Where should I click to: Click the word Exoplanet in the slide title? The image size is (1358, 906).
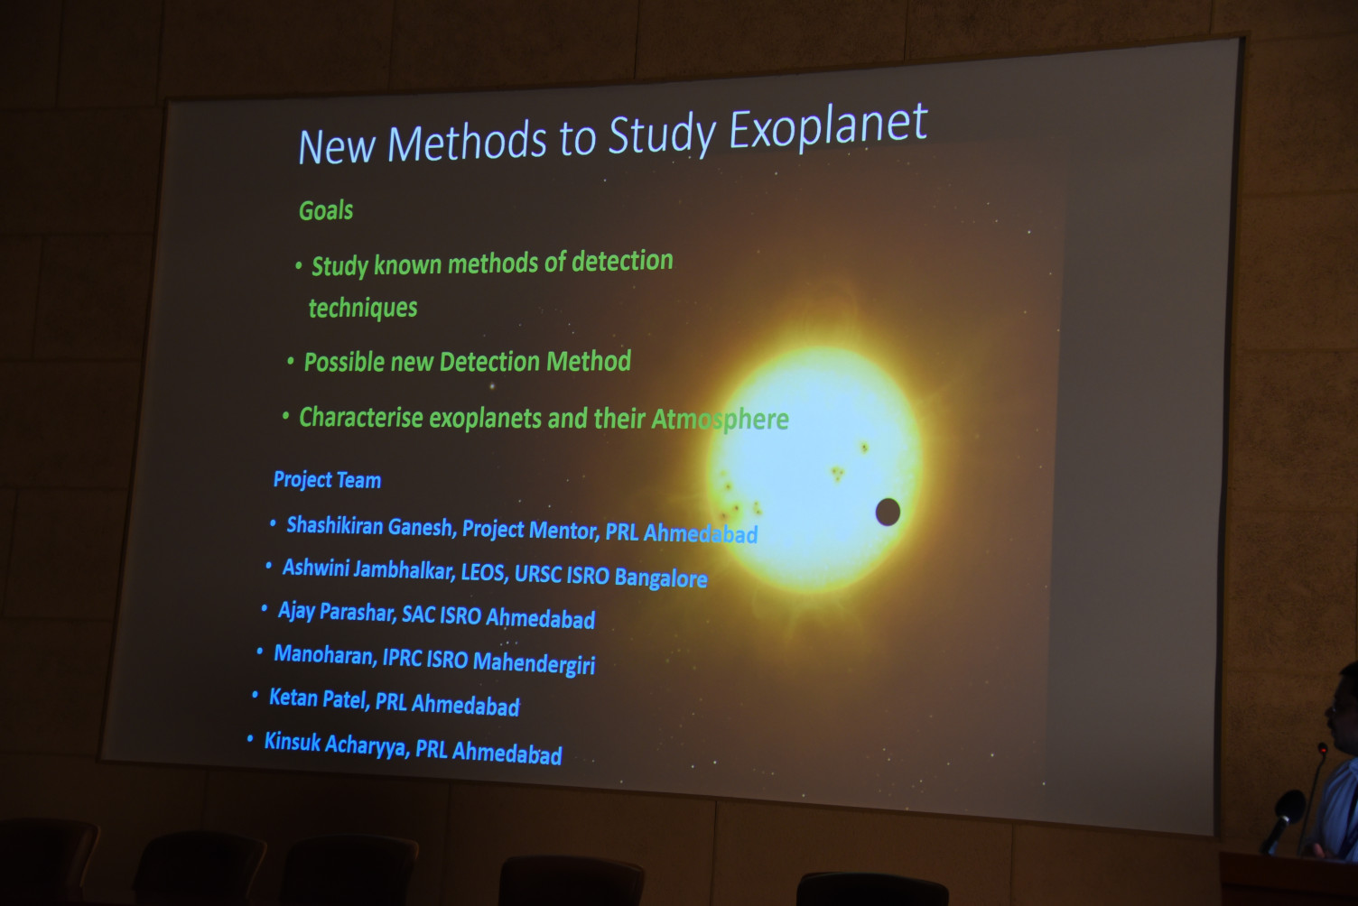click(828, 128)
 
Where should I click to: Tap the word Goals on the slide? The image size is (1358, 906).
click(326, 210)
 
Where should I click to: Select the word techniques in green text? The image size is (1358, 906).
click(363, 308)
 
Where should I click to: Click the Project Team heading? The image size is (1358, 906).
click(328, 480)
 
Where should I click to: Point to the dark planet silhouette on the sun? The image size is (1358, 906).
click(888, 512)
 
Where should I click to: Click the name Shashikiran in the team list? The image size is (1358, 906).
click(334, 525)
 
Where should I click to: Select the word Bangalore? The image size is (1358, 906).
click(661, 578)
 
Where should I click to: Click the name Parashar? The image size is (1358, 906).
click(358, 613)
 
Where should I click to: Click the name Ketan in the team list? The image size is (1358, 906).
click(293, 698)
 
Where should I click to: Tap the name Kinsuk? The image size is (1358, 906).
click(293, 742)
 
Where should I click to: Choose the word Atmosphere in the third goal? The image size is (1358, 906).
click(720, 420)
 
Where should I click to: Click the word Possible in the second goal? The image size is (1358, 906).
click(344, 363)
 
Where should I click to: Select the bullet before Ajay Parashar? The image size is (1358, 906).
click(265, 608)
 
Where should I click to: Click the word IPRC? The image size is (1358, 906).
click(401, 658)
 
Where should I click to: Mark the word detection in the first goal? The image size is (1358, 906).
click(622, 261)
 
